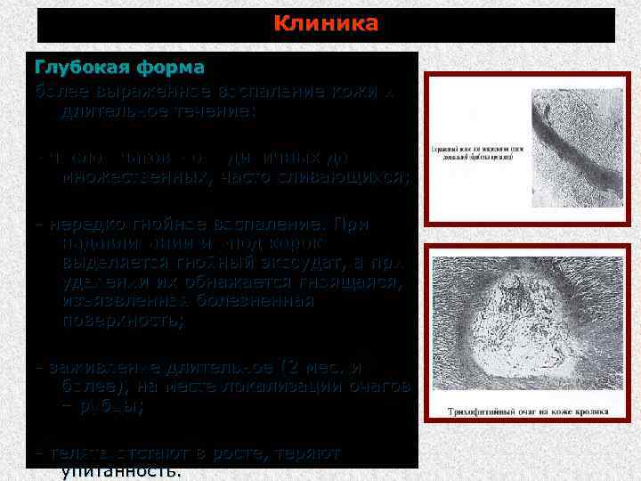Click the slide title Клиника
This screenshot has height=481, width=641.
click(326, 24)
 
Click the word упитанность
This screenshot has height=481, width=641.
click(119, 472)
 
